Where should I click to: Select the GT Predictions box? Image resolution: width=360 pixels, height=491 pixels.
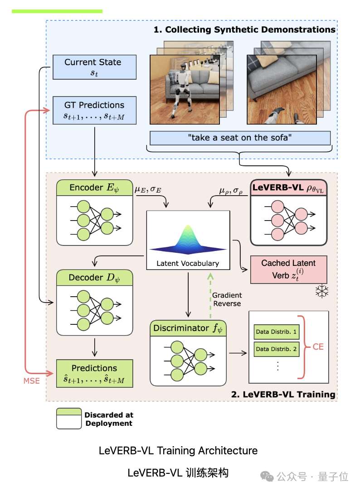coord(94,110)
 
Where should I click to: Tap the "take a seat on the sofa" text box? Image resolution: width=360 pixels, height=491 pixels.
coord(240,138)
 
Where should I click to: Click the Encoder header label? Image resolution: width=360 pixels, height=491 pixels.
coord(94,188)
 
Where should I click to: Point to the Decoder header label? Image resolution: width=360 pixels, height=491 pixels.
coord(94,277)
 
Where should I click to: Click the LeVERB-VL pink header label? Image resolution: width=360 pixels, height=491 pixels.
coord(288,188)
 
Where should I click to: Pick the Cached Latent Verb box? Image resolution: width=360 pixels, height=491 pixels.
coord(288,269)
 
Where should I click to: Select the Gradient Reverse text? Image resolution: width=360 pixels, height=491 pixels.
coord(227,299)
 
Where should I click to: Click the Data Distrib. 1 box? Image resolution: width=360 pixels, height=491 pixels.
coord(276,332)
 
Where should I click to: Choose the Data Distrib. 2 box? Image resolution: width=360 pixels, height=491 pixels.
coord(276,349)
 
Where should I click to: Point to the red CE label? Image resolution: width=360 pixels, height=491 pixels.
coord(318,347)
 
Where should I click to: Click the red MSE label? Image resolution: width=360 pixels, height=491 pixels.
coord(32,380)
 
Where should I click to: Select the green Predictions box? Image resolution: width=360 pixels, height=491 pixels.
coord(94,374)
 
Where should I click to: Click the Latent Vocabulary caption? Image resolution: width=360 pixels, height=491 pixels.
coord(188,263)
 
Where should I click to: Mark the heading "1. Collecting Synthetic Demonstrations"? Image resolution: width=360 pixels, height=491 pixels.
coord(244,30)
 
